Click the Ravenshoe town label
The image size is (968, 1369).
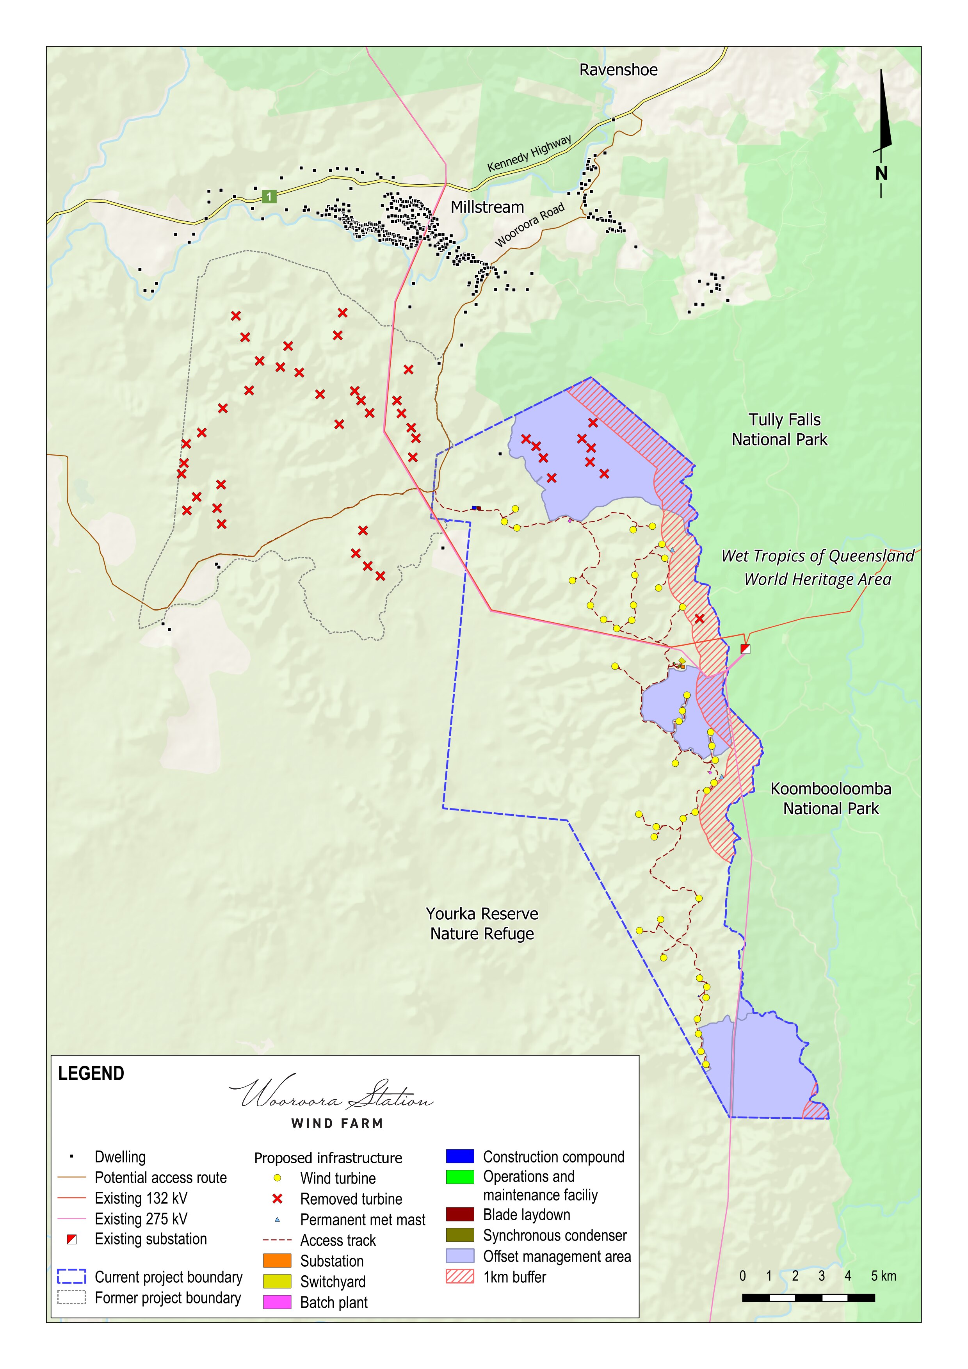[x=618, y=70]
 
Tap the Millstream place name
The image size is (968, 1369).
[x=487, y=208]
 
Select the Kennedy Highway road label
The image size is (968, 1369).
[x=529, y=154]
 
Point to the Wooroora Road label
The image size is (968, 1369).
[x=529, y=225]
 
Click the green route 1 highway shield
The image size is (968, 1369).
[x=269, y=196]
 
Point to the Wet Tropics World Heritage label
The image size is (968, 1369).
[x=817, y=567]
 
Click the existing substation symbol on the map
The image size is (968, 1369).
[x=745, y=649]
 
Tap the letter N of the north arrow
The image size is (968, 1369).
[x=881, y=173]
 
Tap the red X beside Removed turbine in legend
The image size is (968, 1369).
[x=277, y=1198]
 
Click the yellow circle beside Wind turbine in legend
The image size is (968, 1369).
[x=277, y=1178]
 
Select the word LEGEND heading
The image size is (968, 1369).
[x=91, y=1074]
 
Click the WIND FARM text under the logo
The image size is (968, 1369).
[x=337, y=1123]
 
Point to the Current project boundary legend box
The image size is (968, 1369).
[x=71, y=1276]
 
